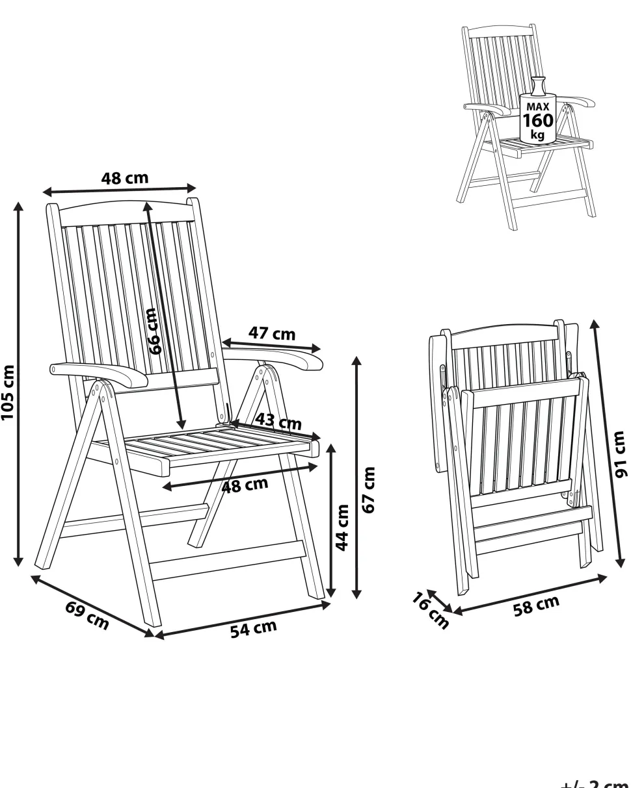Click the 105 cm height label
(x=8, y=392)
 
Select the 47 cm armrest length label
(x=272, y=333)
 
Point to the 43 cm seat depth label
(x=278, y=421)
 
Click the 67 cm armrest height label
(x=368, y=490)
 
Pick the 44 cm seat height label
(x=342, y=527)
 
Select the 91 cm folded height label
(x=619, y=454)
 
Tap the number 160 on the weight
(x=538, y=120)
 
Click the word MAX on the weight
(x=538, y=107)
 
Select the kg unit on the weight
(x=537, y=134)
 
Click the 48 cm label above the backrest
(x=125, y=179)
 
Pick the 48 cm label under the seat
(x=245, y=485)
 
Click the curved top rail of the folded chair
(x=504, y=331)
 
